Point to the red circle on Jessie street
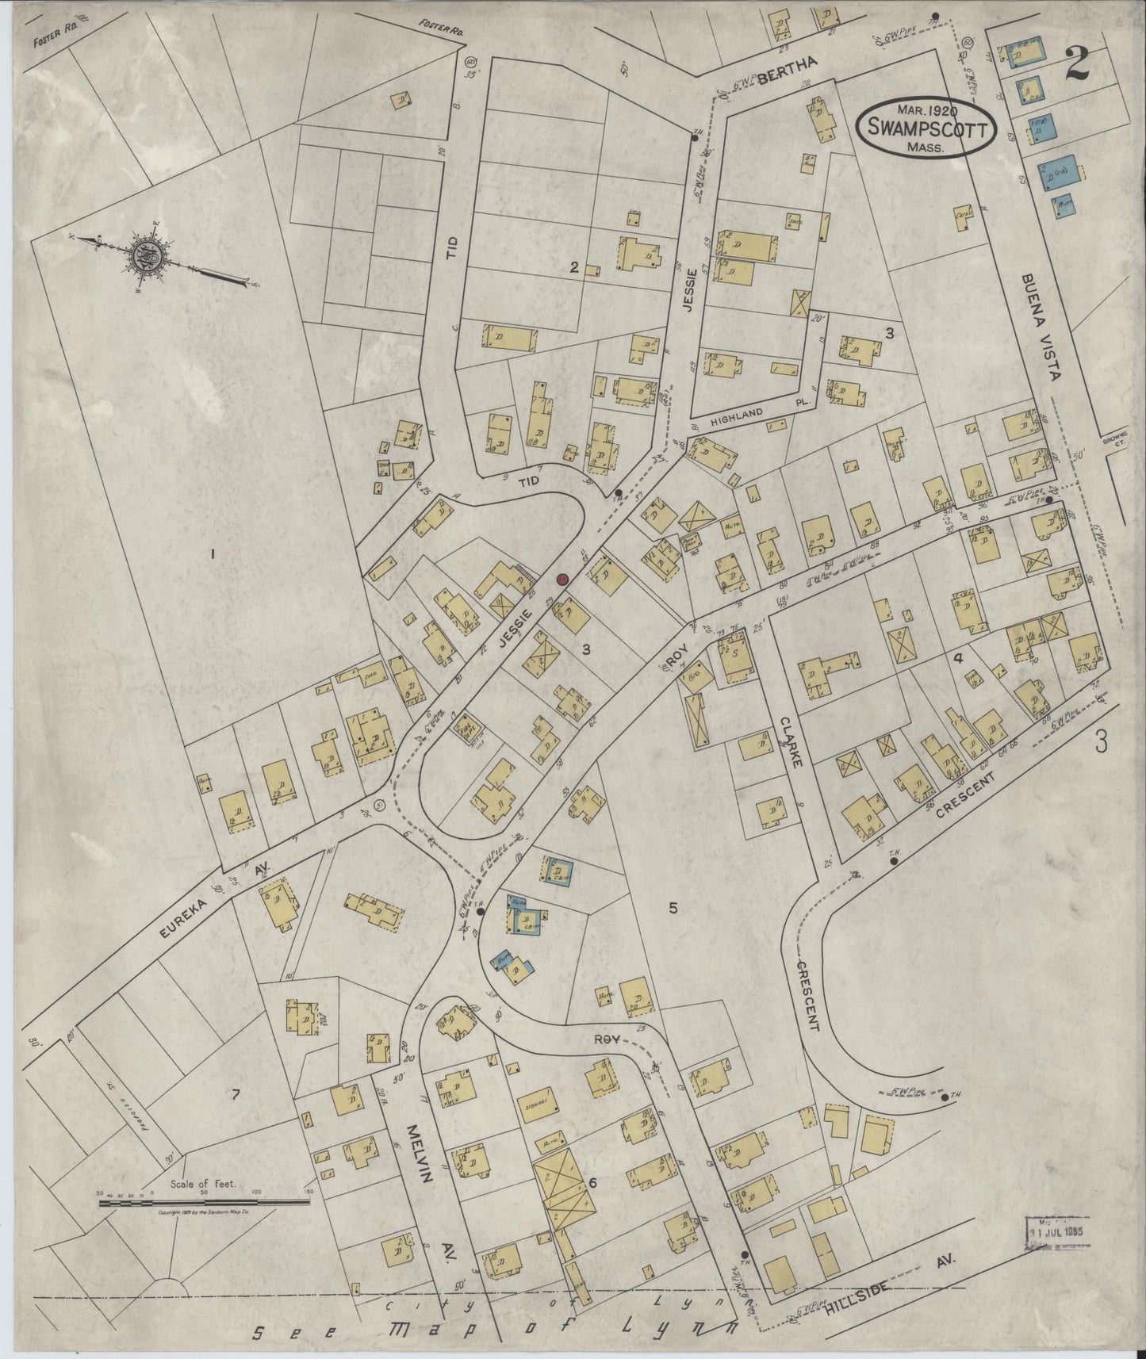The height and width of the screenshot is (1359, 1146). tap(562, 580)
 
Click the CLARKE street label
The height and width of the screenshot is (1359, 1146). tap(790, 742)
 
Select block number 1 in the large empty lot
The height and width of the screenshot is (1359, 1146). tap(213, 553)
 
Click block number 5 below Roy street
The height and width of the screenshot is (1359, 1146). tap(673, 908)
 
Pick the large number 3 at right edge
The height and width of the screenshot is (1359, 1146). tap(1101, 741)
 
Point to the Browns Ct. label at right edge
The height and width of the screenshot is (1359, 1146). tap(1120, 440)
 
